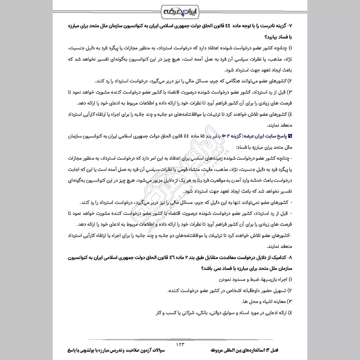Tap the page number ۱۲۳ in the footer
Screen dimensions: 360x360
pyautogui.click(x=180, y=344)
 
